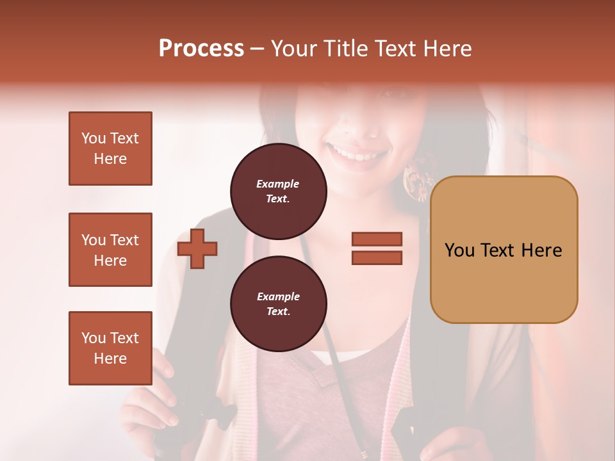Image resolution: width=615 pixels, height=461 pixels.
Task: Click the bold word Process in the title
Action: tap(201, 49)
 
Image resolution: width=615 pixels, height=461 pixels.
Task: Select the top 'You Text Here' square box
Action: tap(110, 149)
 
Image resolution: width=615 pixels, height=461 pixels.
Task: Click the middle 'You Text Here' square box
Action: tap(110, 250)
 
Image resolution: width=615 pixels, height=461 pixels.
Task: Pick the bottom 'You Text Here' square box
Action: tap(110, 348)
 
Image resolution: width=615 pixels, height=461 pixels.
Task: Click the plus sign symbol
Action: tap(197, 248)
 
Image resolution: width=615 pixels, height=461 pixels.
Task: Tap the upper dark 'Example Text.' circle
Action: tap(278, 191)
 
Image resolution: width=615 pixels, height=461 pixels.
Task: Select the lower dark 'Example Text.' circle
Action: tap(278, 304)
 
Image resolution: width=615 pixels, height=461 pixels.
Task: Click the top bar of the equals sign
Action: tap(377, 239)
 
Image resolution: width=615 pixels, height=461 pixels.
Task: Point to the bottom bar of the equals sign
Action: tap(377, 257)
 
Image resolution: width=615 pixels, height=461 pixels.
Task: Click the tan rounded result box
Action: tap(504, 250)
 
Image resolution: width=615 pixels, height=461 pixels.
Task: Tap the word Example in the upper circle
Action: tap(278, 184)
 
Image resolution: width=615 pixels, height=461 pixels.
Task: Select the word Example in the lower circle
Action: tap(278, 296)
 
